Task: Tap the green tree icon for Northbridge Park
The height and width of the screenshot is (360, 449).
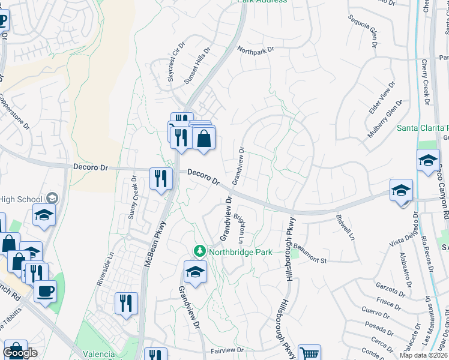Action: [x=198, y=251]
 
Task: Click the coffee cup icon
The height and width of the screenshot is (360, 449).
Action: [x=44, y=292]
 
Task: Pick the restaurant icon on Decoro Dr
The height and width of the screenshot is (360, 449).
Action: [x=161, y=178]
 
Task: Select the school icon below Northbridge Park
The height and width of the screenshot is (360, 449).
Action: [x=195, y=272]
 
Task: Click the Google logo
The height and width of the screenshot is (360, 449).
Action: [x=20, y=353]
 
